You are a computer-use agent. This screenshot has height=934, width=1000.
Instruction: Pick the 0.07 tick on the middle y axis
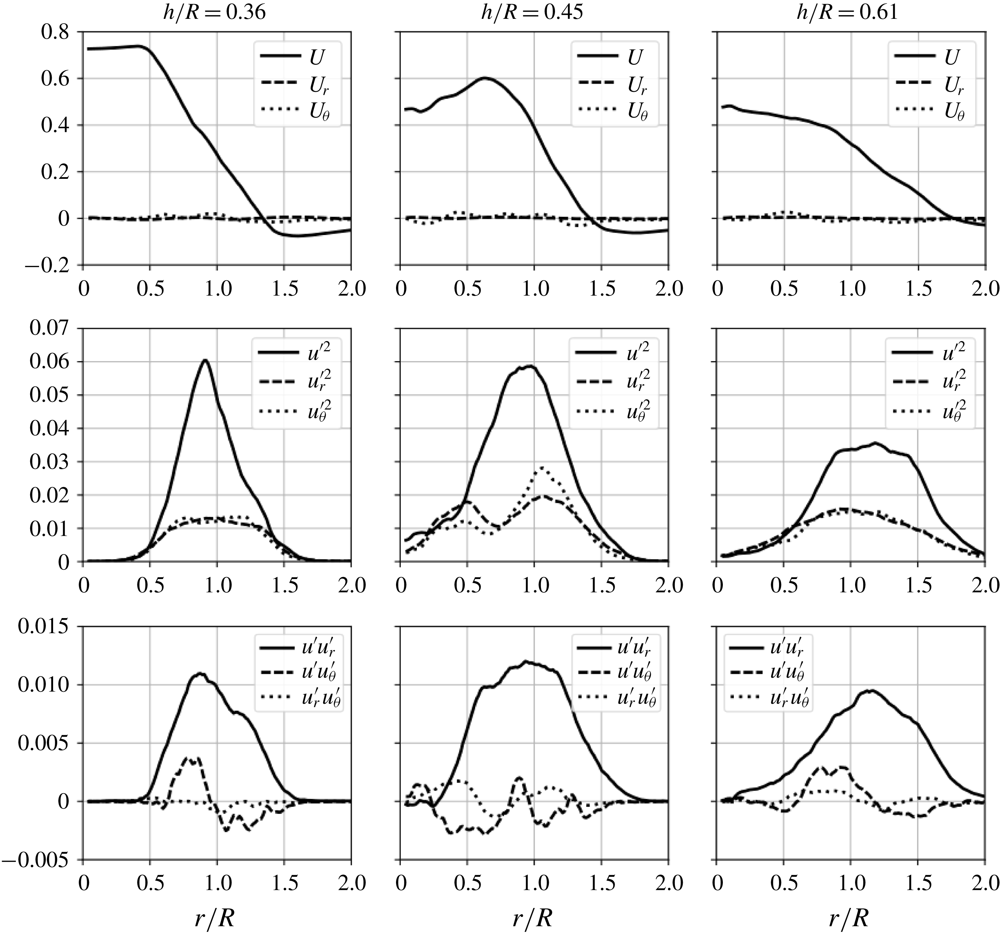[50, 329]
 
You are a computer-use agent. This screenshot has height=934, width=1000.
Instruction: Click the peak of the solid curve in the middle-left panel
[205, 360]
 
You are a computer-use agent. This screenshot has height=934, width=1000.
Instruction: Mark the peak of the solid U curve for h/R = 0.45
[484, 78]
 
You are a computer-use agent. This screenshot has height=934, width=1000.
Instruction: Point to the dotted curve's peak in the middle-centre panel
[541, 467]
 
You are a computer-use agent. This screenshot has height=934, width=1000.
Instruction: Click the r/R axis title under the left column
[215, 918]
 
